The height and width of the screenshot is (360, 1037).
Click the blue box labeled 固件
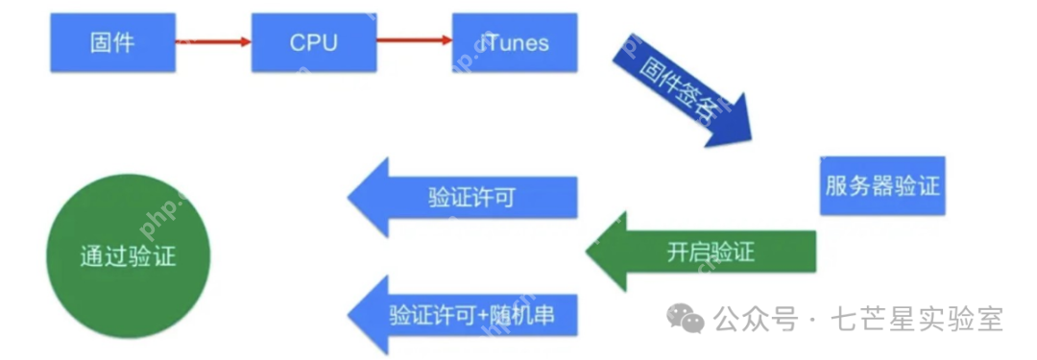(x=111, y=42)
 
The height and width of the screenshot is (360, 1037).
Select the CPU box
(x=313, y=42)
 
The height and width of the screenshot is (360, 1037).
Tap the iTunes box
(x=516, y=42)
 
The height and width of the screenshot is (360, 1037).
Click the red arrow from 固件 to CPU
(x=213, y=41)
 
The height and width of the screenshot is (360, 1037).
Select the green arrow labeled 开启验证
(x=710, y=252)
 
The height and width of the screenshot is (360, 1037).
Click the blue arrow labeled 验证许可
(x=470, y=198)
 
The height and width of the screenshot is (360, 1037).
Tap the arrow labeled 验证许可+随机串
(x=470, y=314)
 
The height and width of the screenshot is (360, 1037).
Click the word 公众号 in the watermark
(x=757, y=319)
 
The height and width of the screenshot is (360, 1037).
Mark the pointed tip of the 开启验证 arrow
(x=589, y=252)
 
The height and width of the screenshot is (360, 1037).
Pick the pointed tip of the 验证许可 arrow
(x=350, y=198)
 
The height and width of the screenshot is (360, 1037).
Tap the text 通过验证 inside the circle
(x=128, y=254)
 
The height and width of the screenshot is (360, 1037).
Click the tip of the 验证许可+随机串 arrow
(x=350, y=314)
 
